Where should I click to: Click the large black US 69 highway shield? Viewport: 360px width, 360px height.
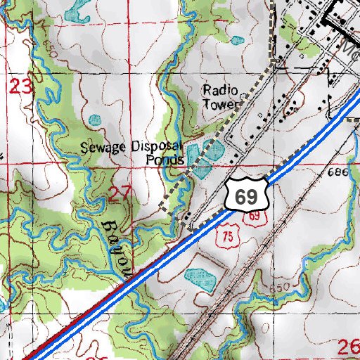(x=246, y=194)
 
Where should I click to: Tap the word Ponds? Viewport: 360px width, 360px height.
(x=165, y=160)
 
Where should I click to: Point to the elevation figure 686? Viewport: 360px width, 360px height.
(x=338, y=172)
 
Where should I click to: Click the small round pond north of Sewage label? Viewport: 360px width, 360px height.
(x=95, y=120)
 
